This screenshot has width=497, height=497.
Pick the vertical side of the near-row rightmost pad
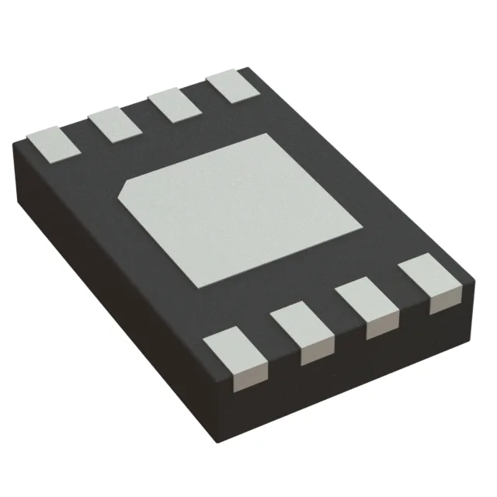tap(445, 301)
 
